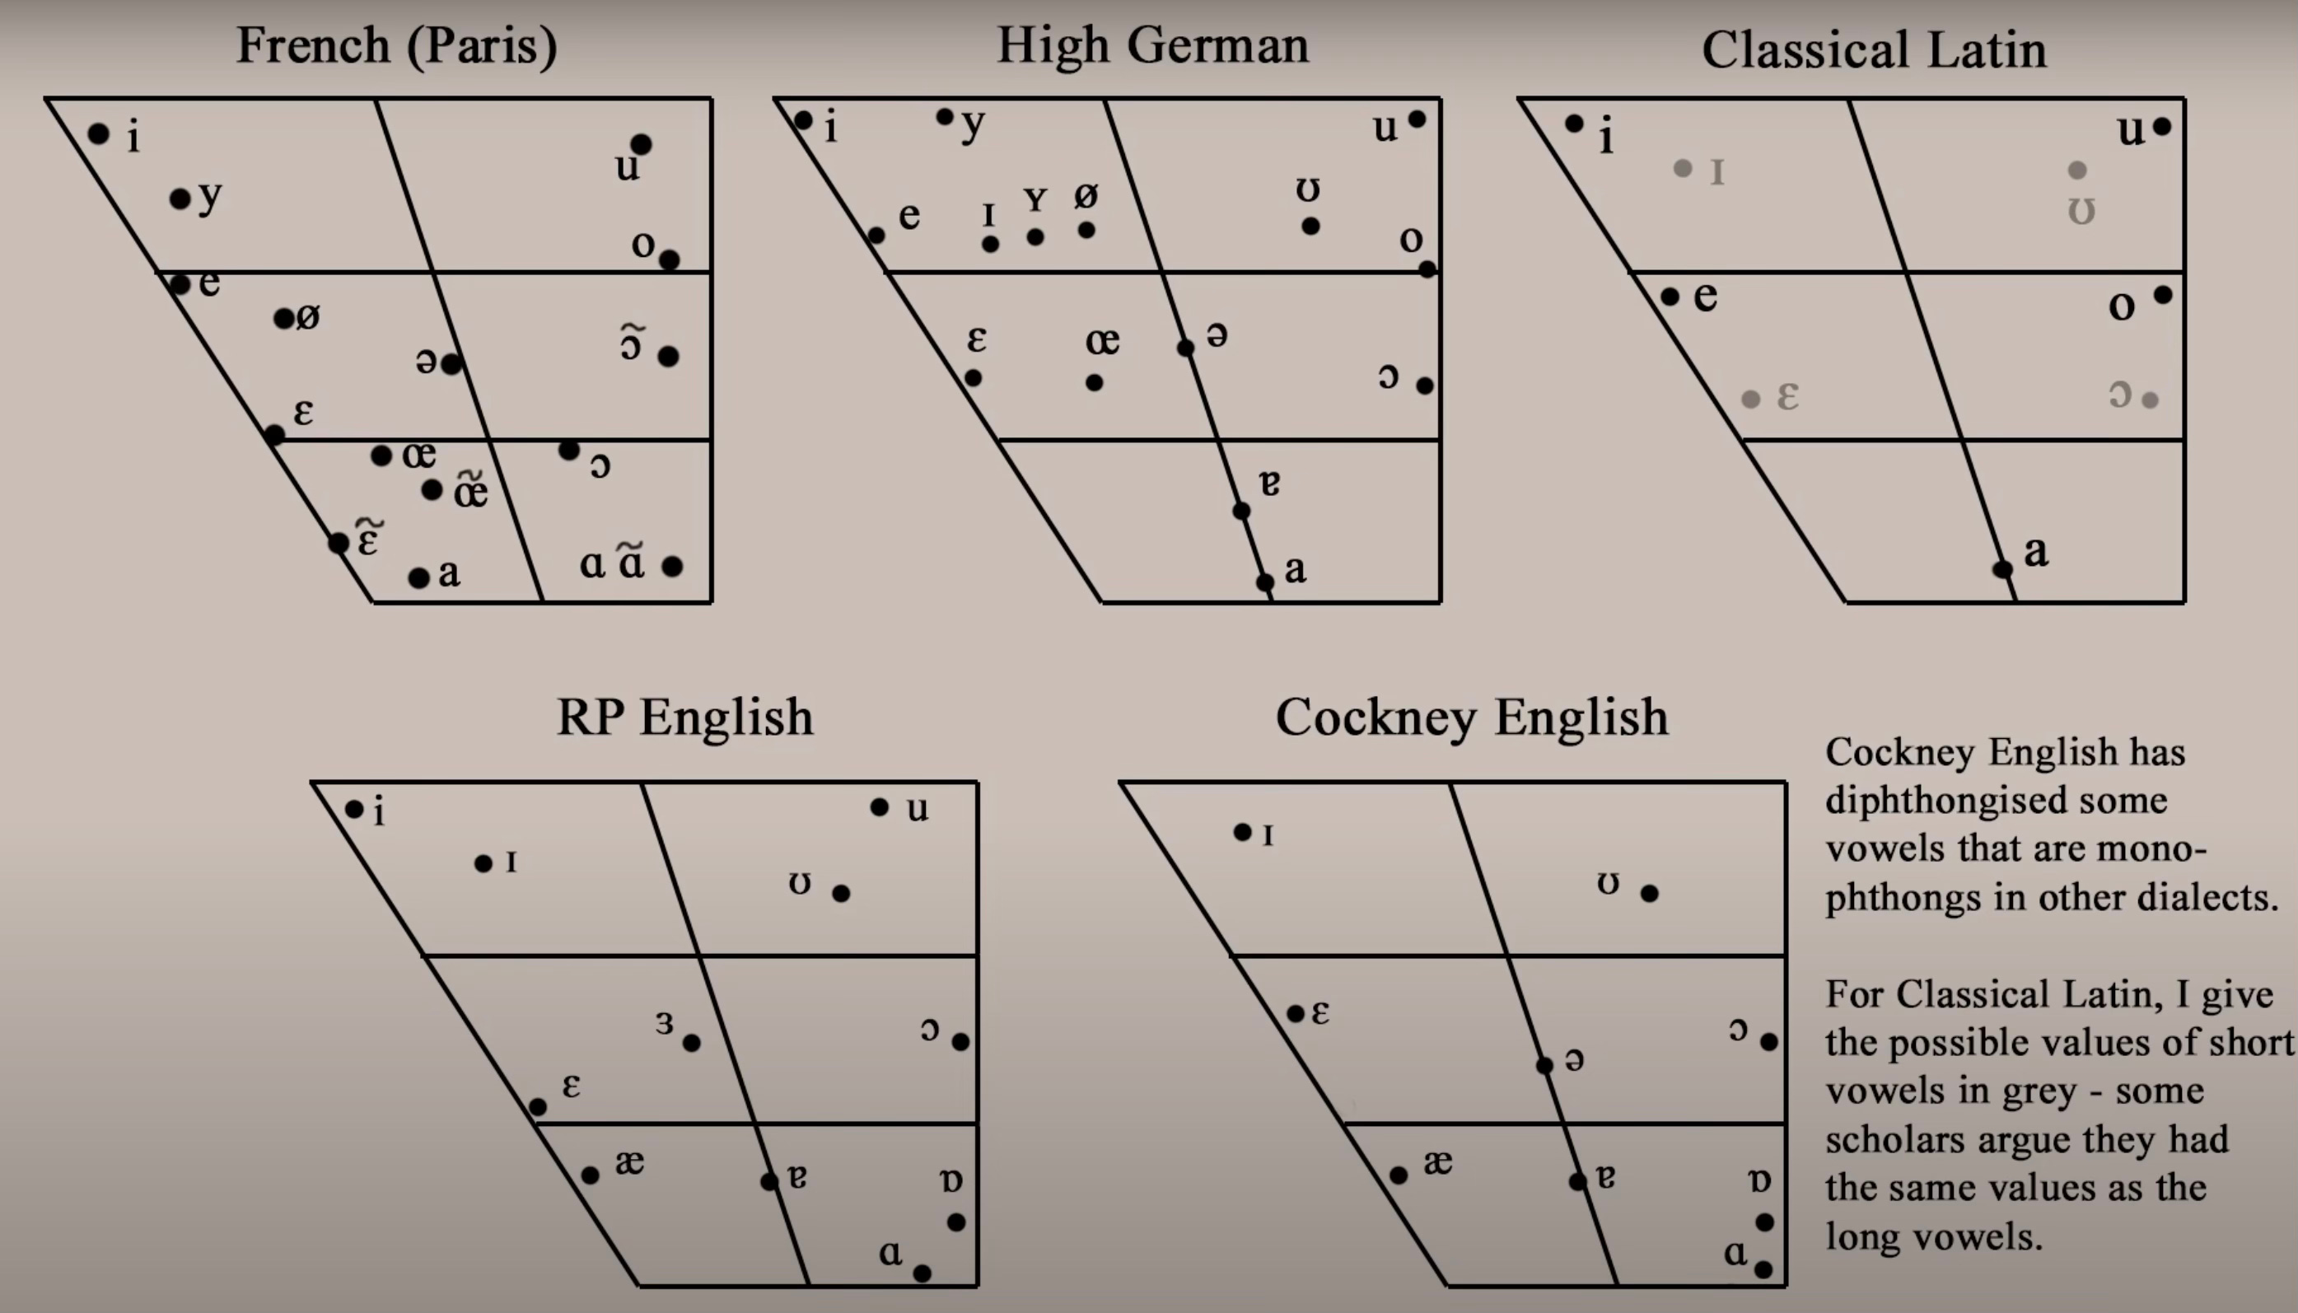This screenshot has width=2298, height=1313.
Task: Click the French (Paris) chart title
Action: pos(397,45)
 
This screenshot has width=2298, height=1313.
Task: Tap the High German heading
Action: pos(1152,45)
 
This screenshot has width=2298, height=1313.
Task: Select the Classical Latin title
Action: pos(1873,49)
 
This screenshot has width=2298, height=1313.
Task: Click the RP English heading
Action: pos(685,717)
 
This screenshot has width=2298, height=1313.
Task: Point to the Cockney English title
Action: pos(1471,717)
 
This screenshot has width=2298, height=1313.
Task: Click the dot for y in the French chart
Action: pos(180,199)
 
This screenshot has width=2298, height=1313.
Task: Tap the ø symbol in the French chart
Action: pos(308,316)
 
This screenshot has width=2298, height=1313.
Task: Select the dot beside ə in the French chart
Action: pos(451,364)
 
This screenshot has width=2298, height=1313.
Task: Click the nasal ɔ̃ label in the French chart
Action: pos(631,343)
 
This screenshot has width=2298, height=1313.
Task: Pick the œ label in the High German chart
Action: pos(1103,342)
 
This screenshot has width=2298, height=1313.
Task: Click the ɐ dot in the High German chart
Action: pos(1241,511)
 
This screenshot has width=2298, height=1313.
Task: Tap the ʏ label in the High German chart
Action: pos(1036,199)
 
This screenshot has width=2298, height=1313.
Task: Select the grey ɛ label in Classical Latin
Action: pos(1787,396)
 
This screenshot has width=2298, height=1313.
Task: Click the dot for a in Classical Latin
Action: pos(2002,569)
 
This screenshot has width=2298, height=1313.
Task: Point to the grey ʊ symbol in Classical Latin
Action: pos(2081,212)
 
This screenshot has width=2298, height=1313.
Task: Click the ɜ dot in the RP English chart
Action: pos(692,1044)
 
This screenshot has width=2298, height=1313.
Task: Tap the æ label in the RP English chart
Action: pos(629,1163)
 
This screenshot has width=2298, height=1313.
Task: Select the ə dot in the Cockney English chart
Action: pos(1544,1066)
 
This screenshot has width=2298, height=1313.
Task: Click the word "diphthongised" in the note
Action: pos(1996,801)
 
